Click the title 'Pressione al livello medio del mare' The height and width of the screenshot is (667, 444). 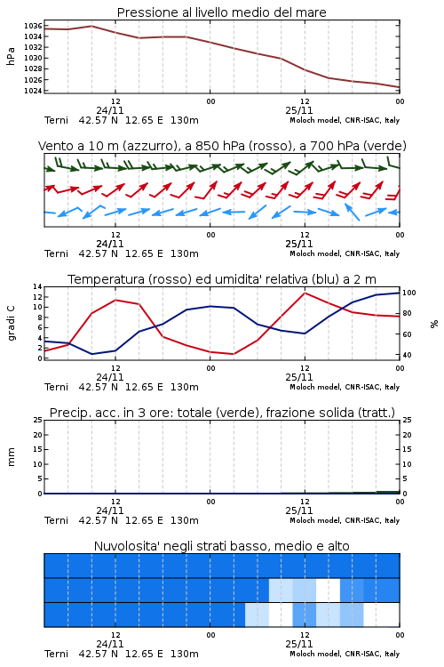click(222, 12)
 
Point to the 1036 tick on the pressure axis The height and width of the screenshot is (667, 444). click(33, 26)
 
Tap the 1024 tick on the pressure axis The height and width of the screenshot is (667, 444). click(33, 91)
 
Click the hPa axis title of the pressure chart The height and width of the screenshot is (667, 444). click(11, 56)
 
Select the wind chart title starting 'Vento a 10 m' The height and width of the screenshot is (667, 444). click(222, 146)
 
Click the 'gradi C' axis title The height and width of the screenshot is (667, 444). click(11, 323)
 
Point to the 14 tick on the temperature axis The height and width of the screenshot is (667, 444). click(38, 286)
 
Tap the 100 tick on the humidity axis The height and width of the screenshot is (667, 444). click(409, 293)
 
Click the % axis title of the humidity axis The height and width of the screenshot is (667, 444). click(434, 324)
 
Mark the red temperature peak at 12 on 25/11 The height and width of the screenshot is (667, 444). click(305, 293)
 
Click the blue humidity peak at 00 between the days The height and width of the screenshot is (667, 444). click(210, 306)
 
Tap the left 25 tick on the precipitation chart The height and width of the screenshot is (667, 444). click(38, 421)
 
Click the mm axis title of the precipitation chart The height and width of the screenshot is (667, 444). click(11, 457)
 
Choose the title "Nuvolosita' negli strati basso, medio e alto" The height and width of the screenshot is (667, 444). click(222, 546)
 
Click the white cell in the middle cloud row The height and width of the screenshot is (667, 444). click(328, 591)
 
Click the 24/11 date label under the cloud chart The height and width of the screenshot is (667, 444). click(110, 644)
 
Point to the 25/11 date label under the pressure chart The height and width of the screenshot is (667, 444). click(299, 110)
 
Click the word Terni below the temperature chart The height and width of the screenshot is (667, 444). click(56, 387)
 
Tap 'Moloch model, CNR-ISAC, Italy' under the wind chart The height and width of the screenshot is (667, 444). click(345, 254)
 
